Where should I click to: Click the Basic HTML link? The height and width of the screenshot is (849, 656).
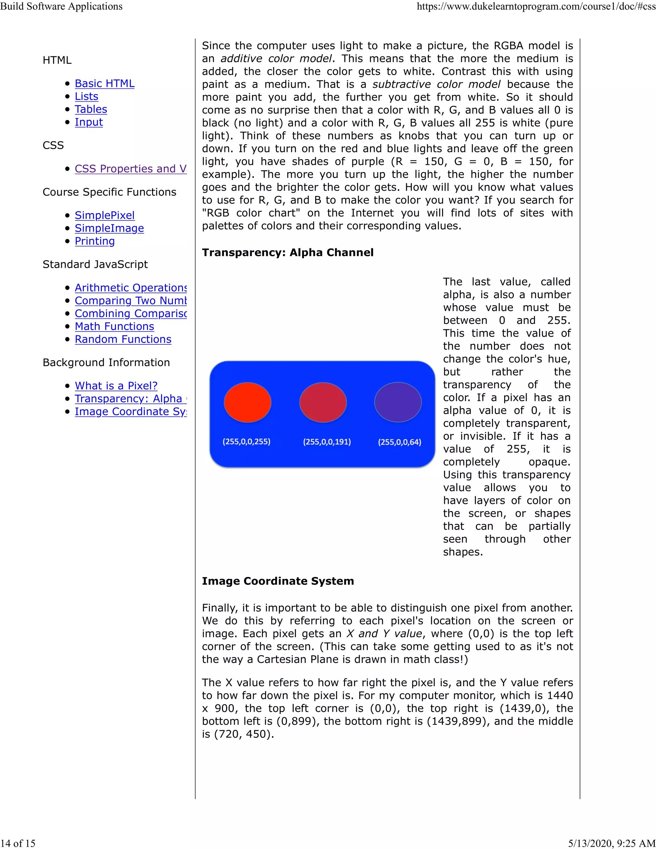(104, 84)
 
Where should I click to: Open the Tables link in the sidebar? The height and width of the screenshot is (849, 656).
(91, 109)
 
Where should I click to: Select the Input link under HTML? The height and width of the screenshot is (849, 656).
(89, 122)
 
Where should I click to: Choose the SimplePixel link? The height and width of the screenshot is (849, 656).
(104, 215)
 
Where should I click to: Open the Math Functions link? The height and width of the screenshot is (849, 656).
(114, 326)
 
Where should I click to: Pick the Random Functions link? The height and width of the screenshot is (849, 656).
(123, 339)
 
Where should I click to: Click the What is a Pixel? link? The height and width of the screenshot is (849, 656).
(116, 386)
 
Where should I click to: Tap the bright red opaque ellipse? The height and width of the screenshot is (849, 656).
(248, 402)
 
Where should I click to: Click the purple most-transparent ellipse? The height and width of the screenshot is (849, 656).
(398, 402)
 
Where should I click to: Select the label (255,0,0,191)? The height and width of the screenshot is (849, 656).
(327, 442)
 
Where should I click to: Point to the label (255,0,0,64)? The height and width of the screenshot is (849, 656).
(399, 442)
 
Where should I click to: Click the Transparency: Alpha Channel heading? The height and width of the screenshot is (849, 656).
(288, 253)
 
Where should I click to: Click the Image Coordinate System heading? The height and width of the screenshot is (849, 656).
(278, 581)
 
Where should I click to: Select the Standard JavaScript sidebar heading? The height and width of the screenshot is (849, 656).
(95, 264)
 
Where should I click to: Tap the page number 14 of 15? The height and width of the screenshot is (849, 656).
(18, 843)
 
